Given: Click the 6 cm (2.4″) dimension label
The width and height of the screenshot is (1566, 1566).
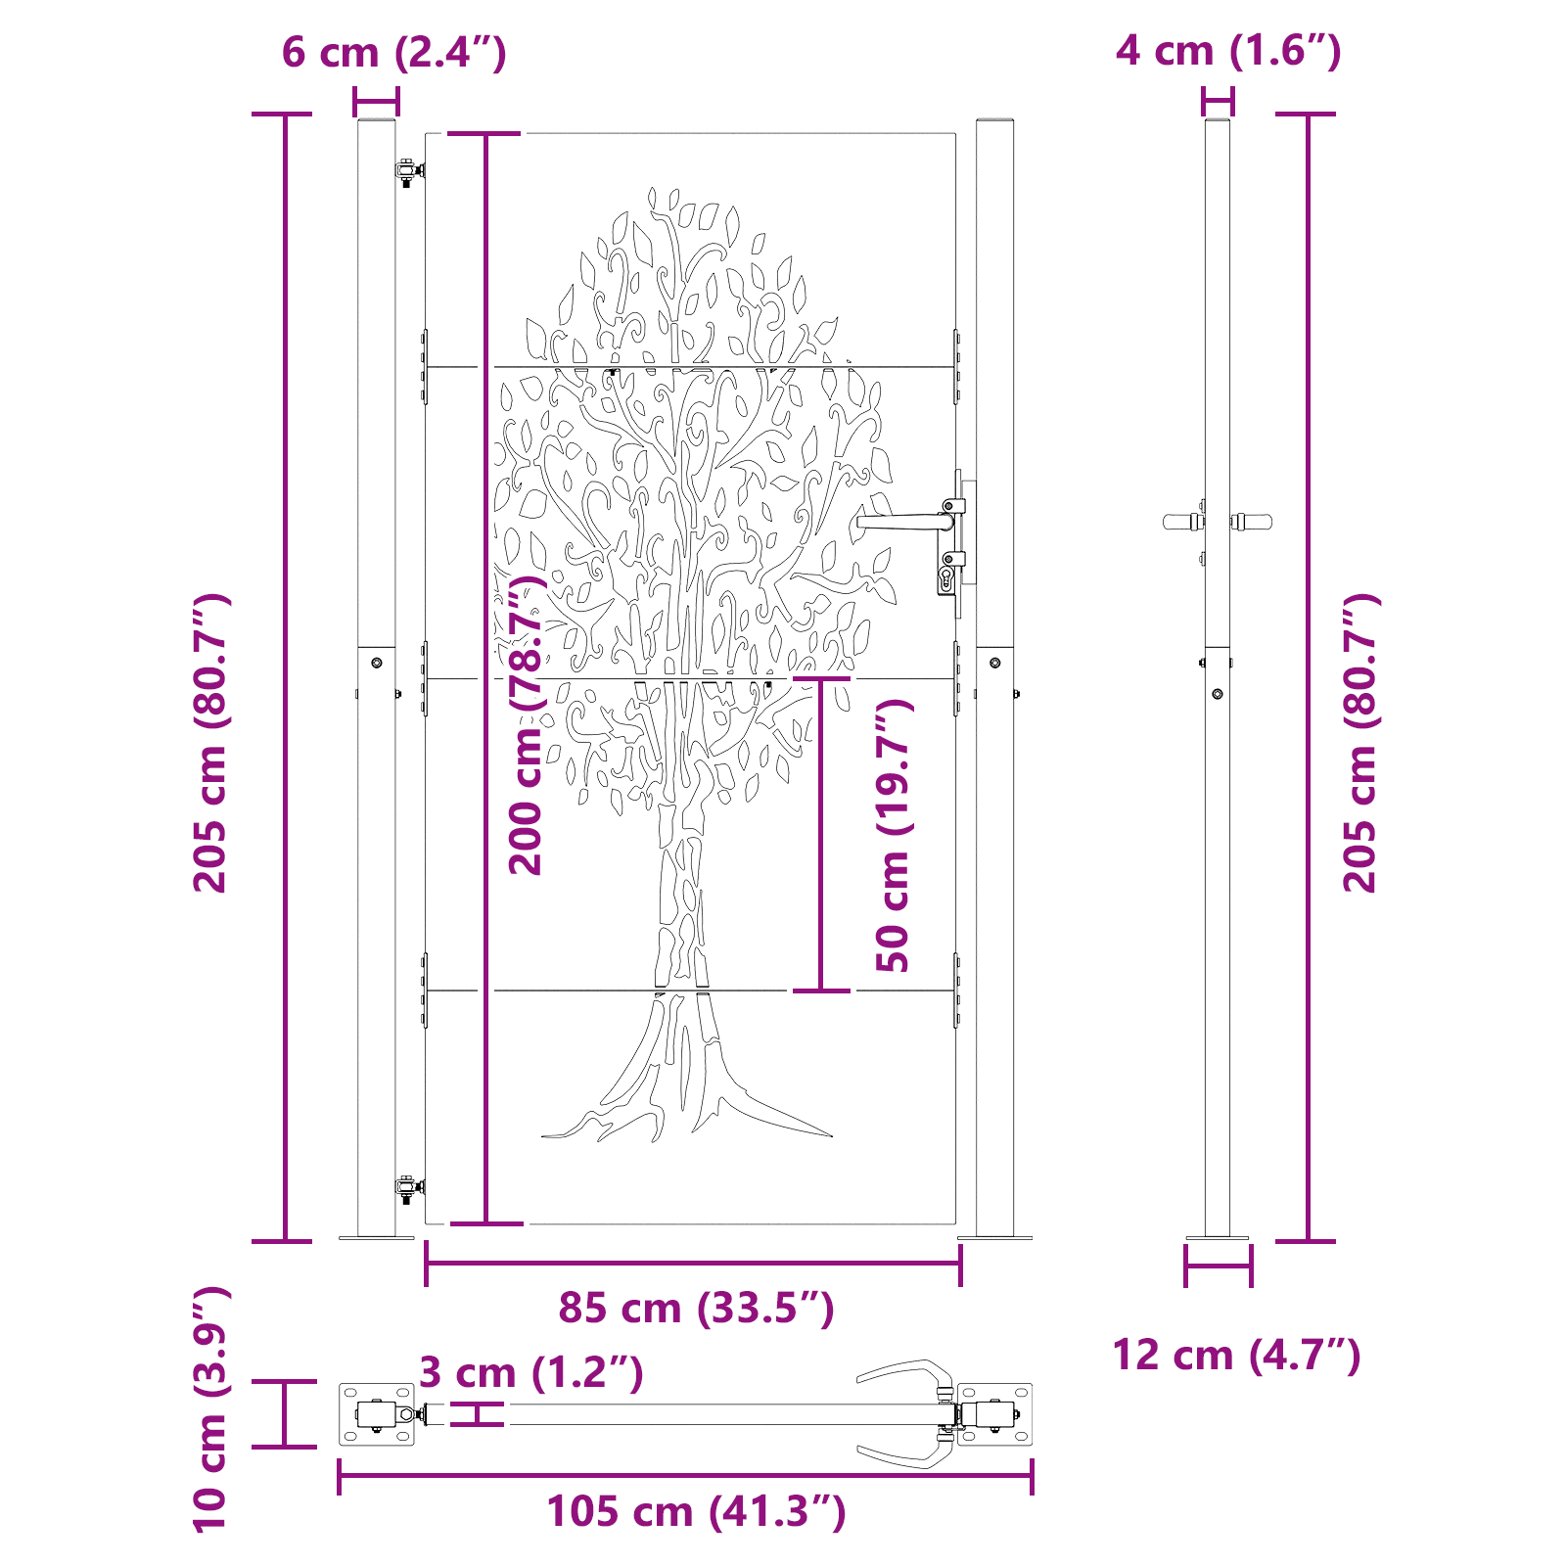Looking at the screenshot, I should [x=393, y=52].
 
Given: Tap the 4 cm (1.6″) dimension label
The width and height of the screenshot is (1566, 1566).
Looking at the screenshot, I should [x=1228, y=50].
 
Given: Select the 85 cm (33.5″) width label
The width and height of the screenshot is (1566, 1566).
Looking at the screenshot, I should [x=696, y=1308].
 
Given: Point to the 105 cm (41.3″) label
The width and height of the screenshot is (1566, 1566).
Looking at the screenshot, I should [x=696, y=1511].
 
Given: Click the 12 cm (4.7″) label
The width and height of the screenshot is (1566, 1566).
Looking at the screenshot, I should [x=1236, y=1356].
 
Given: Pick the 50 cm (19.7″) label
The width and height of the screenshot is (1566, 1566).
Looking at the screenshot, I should [x=893, y=835].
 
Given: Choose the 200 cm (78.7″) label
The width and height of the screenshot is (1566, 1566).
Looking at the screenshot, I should [x=526, y=724].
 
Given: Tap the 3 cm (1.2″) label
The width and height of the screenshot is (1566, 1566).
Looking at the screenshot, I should [x=530, y=1372].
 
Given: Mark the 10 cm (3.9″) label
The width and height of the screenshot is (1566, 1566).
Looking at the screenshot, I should [x=209, y=1409].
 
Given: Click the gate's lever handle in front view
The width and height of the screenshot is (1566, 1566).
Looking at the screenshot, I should [x=900, y=522].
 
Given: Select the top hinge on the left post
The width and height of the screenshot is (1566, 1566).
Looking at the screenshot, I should [x=408, y=171].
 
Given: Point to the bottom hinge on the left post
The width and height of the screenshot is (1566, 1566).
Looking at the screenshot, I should [x=408, y=1188].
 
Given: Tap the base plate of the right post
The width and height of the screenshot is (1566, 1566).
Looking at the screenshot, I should [x=994, y=1238].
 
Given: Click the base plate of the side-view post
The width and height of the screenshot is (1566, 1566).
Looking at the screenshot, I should [x=1218, y=1239].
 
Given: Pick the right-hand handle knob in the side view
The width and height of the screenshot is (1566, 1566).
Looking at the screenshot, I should [x=1252, y=522].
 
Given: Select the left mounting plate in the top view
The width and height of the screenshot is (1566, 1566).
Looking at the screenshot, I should [x=377, y=1414].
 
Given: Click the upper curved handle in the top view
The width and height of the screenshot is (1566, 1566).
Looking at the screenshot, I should [x=905, y=1370].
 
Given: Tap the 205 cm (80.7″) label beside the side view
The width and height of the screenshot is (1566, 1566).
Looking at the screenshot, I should [x=1359, y=742].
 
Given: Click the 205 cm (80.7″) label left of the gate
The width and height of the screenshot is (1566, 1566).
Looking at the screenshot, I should [x=209, y=742].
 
